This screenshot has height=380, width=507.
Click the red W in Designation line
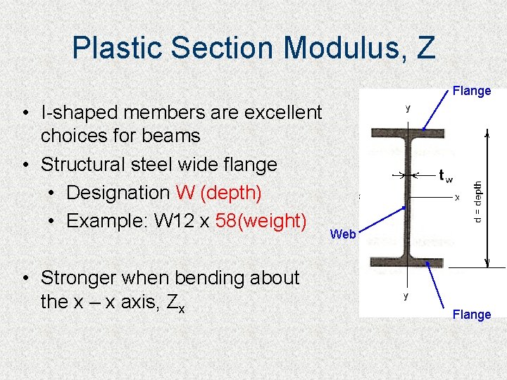pos(184,192)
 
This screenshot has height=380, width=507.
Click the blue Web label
pos(343,234)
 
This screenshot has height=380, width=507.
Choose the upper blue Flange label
pos(472,91)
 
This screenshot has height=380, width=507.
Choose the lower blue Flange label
pos(472,315)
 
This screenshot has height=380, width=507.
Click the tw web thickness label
pos(445,176)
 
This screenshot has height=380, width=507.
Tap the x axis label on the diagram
pos(457,198)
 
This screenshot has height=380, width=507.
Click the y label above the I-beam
pos(407,108)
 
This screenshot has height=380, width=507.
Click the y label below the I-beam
pos(406,296)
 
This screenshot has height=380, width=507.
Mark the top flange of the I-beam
pos(408,132)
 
